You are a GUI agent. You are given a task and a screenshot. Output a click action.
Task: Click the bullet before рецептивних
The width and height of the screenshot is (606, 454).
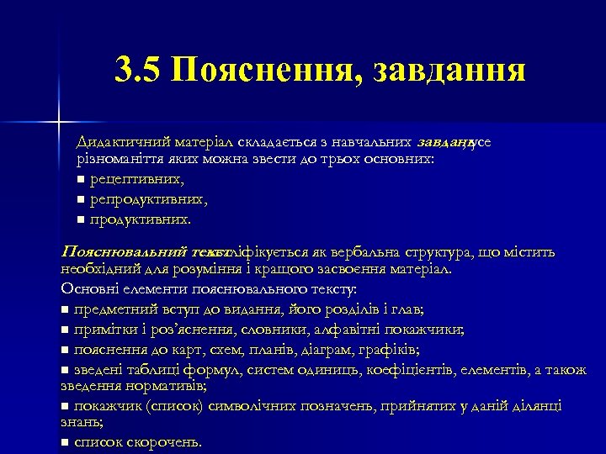tap(80, 180)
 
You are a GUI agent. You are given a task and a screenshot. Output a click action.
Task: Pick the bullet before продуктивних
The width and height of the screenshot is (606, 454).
tap(80, 219)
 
